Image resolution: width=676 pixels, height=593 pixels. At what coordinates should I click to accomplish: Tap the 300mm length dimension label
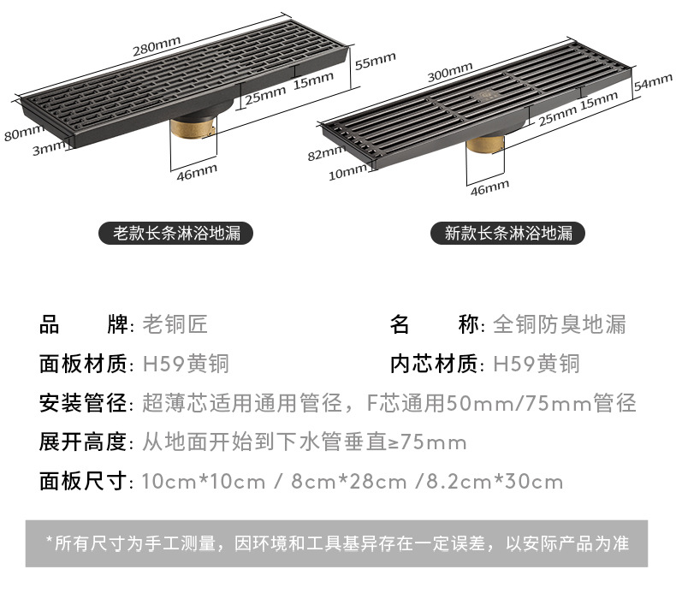tap(450, 74)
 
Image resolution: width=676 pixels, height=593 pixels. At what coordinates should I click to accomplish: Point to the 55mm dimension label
tap(375, 60)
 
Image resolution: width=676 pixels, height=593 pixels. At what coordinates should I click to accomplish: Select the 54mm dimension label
tap(654, 82)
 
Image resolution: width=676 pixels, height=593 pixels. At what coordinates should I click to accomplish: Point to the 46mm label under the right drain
tap(489, 186)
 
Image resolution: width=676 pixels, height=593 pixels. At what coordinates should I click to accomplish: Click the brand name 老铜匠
tap(175, 325)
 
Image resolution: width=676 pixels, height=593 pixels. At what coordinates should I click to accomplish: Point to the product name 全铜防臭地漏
tap(560, 325)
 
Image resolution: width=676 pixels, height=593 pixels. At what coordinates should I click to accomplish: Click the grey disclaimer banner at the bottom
tap(337, 543)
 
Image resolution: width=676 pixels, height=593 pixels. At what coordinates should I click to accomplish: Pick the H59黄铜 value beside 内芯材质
tap(537, 365)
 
